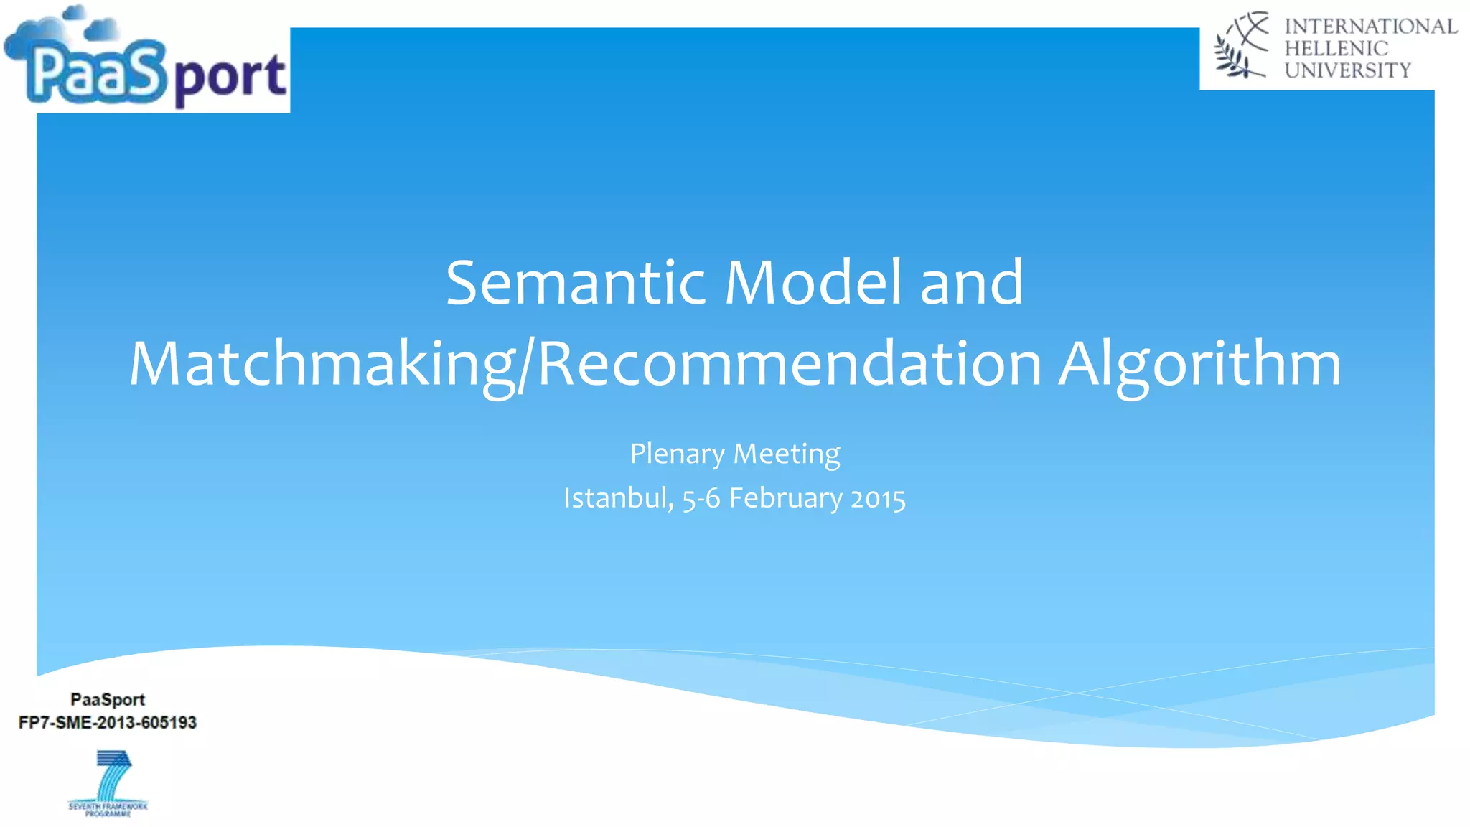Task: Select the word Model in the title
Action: pos(813,283)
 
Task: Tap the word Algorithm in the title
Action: pos(1199,364)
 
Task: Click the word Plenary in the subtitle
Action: pos(677,454)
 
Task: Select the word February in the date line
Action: pos(785,498)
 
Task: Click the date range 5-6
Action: pos(701,498)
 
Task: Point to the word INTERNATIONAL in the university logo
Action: pos(1370,27)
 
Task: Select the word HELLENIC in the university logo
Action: pos(1336,49)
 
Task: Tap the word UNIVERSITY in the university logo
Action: pos(1347,70)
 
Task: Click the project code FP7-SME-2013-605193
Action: pos(108,723)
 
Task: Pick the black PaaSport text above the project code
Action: pos(108,699)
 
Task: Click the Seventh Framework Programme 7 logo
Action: pos(108,782)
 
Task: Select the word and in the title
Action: pos(971,283)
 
